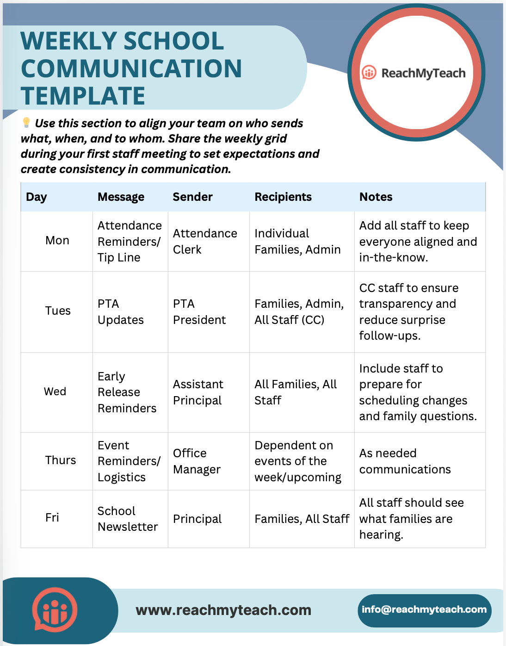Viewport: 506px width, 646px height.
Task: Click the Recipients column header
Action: pos(283,197)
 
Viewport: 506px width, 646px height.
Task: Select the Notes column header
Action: pos(376,197)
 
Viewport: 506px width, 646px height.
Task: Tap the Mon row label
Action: pos(57,241)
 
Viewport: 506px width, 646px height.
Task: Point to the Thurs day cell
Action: pos(61,460)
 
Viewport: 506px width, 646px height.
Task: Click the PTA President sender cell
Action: pos(199,312)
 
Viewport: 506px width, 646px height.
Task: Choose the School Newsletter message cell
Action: pos(128,519)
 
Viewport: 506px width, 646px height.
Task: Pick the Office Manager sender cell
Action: pos(197,461)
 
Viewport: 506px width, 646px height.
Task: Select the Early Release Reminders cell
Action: pos(127,392)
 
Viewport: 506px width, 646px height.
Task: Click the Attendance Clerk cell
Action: pos(205,242)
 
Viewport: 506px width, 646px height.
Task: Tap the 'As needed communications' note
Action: pos(405,461)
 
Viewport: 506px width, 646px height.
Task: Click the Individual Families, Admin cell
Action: pos(297,242)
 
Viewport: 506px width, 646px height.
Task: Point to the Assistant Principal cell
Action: pos(198,392)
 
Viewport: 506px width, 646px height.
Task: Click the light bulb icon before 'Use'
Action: pos(26,123)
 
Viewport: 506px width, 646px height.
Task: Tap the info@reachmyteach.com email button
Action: pos(424,610)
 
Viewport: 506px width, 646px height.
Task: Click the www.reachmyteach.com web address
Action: pos(223,610)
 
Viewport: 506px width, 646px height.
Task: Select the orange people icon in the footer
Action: pos(55,610)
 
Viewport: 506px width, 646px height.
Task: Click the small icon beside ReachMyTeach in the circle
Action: pos(369,73)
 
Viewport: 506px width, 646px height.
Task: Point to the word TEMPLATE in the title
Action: pos(83,96)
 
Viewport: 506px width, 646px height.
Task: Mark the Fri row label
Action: pos(52,518)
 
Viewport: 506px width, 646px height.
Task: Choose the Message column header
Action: pos(121,197)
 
